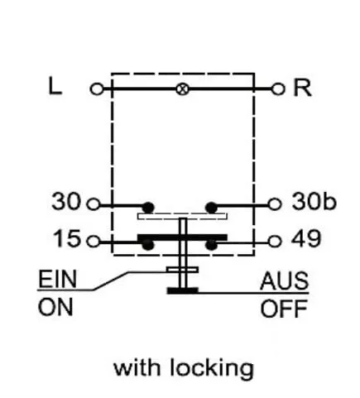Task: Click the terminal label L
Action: tap(55, 86)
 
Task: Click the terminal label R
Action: tap(303, 88)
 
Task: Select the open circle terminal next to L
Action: tap(97, 89)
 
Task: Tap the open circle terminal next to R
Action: tap(278, 89)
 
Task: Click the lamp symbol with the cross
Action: tap(183, 89)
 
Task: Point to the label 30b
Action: tap(314, 201)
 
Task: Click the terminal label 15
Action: tap(67, 238)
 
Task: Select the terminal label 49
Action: tap(306, 238)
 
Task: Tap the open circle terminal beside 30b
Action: tap(275, 204)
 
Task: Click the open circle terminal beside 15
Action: tap(94, 242)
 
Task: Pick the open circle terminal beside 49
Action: tap(275, 242)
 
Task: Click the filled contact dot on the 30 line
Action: tap(148, 208)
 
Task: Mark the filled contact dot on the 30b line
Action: tap(211, 208)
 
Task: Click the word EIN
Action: tap(57, 279)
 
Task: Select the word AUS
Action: tap(285, 281)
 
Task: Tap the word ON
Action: tap(55, 307)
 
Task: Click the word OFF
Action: tap(284, 309)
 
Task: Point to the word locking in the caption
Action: tap(212, 368)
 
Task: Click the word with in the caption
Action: tap(137, 367)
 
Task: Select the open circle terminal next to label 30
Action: tap(94, 204)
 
